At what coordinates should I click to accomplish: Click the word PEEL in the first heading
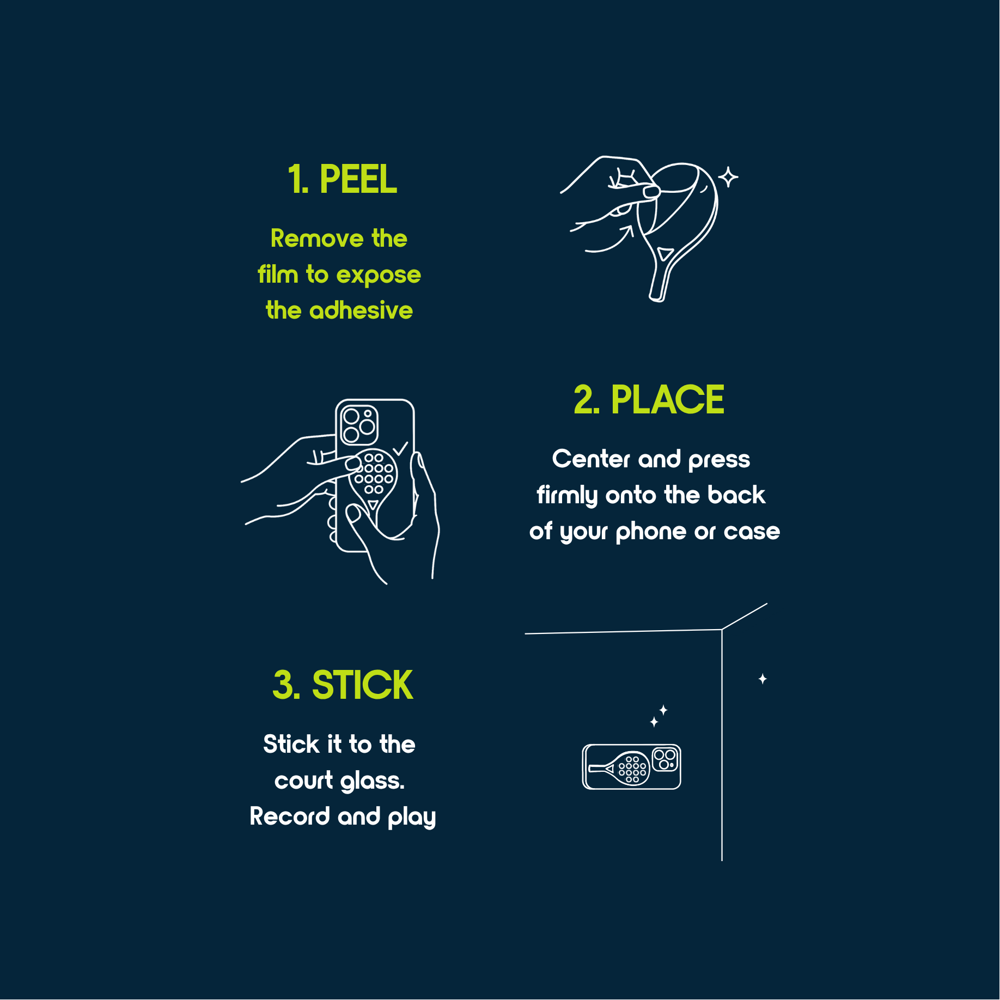(x=358, y=179)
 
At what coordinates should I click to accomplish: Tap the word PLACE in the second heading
(x=667, y=400)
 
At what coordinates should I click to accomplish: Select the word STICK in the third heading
(x=362, y=685)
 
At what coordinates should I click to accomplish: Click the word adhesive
(x=361, y=310)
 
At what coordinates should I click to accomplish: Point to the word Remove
(x=317, y=239)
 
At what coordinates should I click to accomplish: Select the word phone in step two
(x=650, y=532)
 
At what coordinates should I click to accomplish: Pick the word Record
(x=290, y=816)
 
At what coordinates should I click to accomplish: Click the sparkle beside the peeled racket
(x=728, y=177)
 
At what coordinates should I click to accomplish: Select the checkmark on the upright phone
(x=400, y=448)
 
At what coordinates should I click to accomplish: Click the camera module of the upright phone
(x=359, y=425)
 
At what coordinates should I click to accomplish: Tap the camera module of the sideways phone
(x=664, y=759)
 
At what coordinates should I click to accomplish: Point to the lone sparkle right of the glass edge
(x=763, y=679)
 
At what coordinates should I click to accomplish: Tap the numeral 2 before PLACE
(x=585, y=400)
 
